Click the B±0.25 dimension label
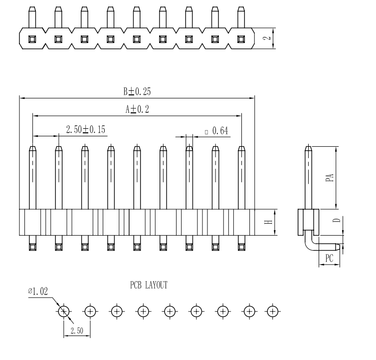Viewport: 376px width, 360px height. coord(137,91)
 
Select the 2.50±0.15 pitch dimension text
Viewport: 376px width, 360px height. coord(86,130)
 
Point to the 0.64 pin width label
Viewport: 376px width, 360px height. coord(216,131)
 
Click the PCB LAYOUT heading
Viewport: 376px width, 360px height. coord(148,285)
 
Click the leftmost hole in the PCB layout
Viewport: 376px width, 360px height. coord(64,312)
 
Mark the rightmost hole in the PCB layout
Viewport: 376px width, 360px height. coord(272,312)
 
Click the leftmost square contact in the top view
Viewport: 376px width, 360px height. coord(32,38)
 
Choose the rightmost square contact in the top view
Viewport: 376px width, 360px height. coord(242,38)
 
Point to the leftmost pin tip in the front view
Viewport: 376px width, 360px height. coord(32,148)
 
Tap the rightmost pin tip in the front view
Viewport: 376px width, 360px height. coord(242,148)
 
